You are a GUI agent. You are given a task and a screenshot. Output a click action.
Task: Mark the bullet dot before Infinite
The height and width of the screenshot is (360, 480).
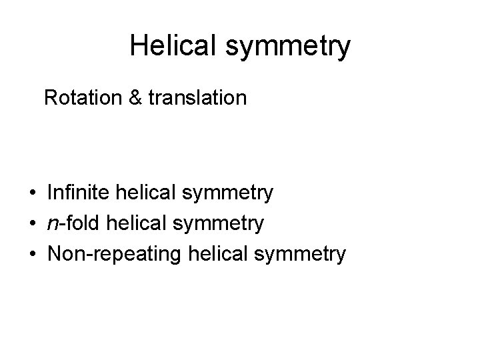pyautogui.click(x=32, y=194)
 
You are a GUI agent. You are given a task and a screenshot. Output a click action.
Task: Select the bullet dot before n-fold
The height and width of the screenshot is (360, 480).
pyautogui.click(x=32, y=224)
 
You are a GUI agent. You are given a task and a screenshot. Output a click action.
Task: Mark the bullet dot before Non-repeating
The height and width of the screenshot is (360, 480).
pyautogui.click(x=32, y=254)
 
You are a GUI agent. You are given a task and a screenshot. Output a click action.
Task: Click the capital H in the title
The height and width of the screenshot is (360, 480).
pyautogui.click(x=139, y=46)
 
